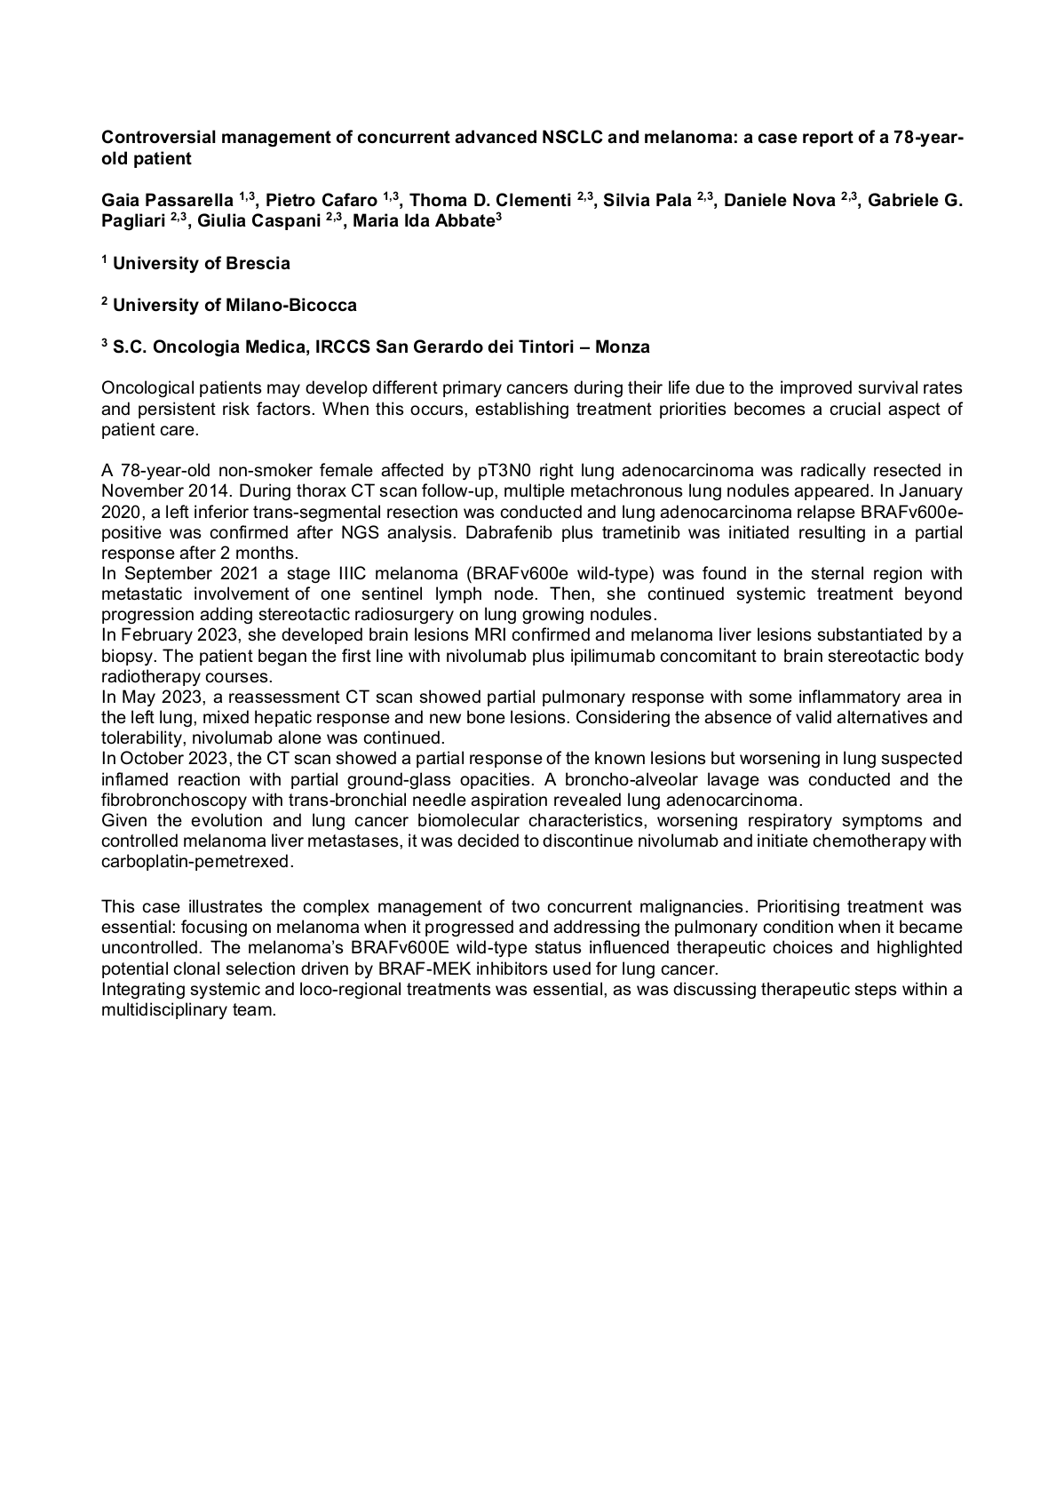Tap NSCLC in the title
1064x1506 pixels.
pos(571,138)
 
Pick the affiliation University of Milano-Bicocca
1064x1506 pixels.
pos(234,306)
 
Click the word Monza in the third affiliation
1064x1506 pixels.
pos(622,347)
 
